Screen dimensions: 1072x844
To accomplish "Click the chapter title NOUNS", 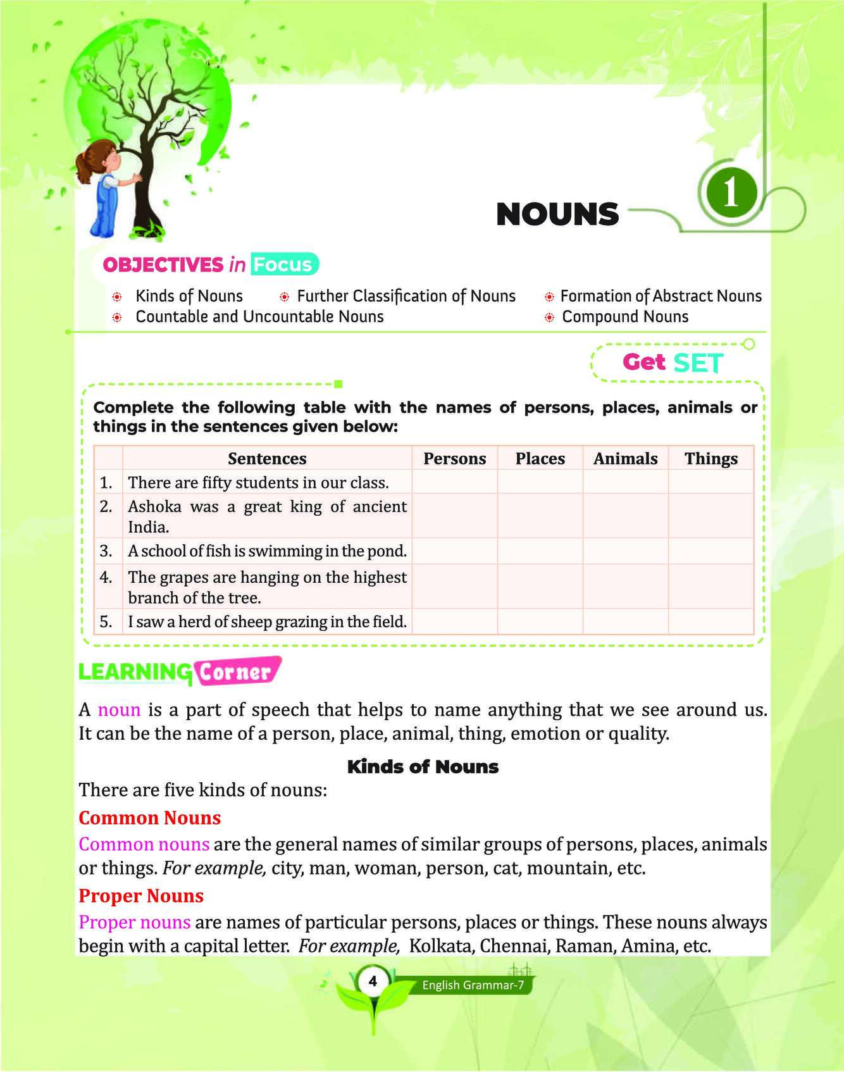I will click(x=557, y=215).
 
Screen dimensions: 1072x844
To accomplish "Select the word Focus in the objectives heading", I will click(x=283, y=265).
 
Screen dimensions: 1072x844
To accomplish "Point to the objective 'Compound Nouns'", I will click(x=625, y=316).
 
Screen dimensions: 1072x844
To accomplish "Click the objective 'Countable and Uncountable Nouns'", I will click(x=259, y=316).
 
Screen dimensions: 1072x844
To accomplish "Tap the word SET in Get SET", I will click(x=698, y=363).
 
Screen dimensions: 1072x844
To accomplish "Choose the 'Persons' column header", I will click(x=454, y=458).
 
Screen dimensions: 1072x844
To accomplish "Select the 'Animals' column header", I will click(x=625, y=458).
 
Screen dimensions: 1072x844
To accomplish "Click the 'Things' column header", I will click(x=711, y=458).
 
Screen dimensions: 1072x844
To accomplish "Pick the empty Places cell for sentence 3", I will click(x=540, y=551).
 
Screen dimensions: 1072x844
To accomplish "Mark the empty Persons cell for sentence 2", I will click(x=454, y=516).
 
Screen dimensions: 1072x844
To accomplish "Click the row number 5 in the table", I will click(x=106, y=621).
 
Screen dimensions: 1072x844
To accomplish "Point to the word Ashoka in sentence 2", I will click(x=150, y=506).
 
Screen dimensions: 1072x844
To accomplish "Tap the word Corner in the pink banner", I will click(x=235, y=673).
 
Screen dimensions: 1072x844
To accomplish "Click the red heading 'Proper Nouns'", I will click(x=141, y=896).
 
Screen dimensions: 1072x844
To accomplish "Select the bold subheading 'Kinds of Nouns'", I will click(x=423, y=767).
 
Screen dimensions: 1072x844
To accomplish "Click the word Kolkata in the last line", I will click(x=442, y=947).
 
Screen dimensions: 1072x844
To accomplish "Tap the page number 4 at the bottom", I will click(x=373, y=982).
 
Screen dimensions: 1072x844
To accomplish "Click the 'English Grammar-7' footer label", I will click(x=472, y=985).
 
